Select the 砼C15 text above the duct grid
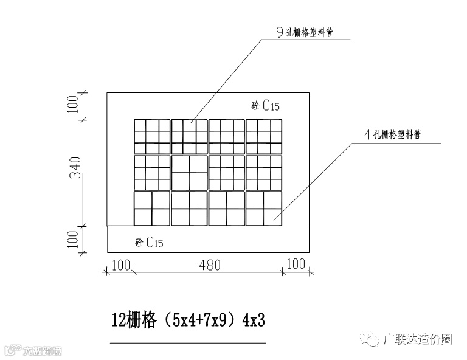(x=265, y=105)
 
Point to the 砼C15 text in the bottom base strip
(x=149, y=243)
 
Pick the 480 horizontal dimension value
(x=209, y=265)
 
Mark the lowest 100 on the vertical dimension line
(x=74, y=238)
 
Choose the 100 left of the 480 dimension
(x=120, y=265)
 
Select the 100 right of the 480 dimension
(x=296, y=265)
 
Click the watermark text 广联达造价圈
(x=418, y=339)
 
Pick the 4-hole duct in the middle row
(x=190, y=173)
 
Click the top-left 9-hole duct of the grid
(x=152, y=137)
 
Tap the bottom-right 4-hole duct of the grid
(x=264, y=209)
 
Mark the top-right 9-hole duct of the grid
(x=264, y=137)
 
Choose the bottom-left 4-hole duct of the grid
(x=152, y=209)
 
